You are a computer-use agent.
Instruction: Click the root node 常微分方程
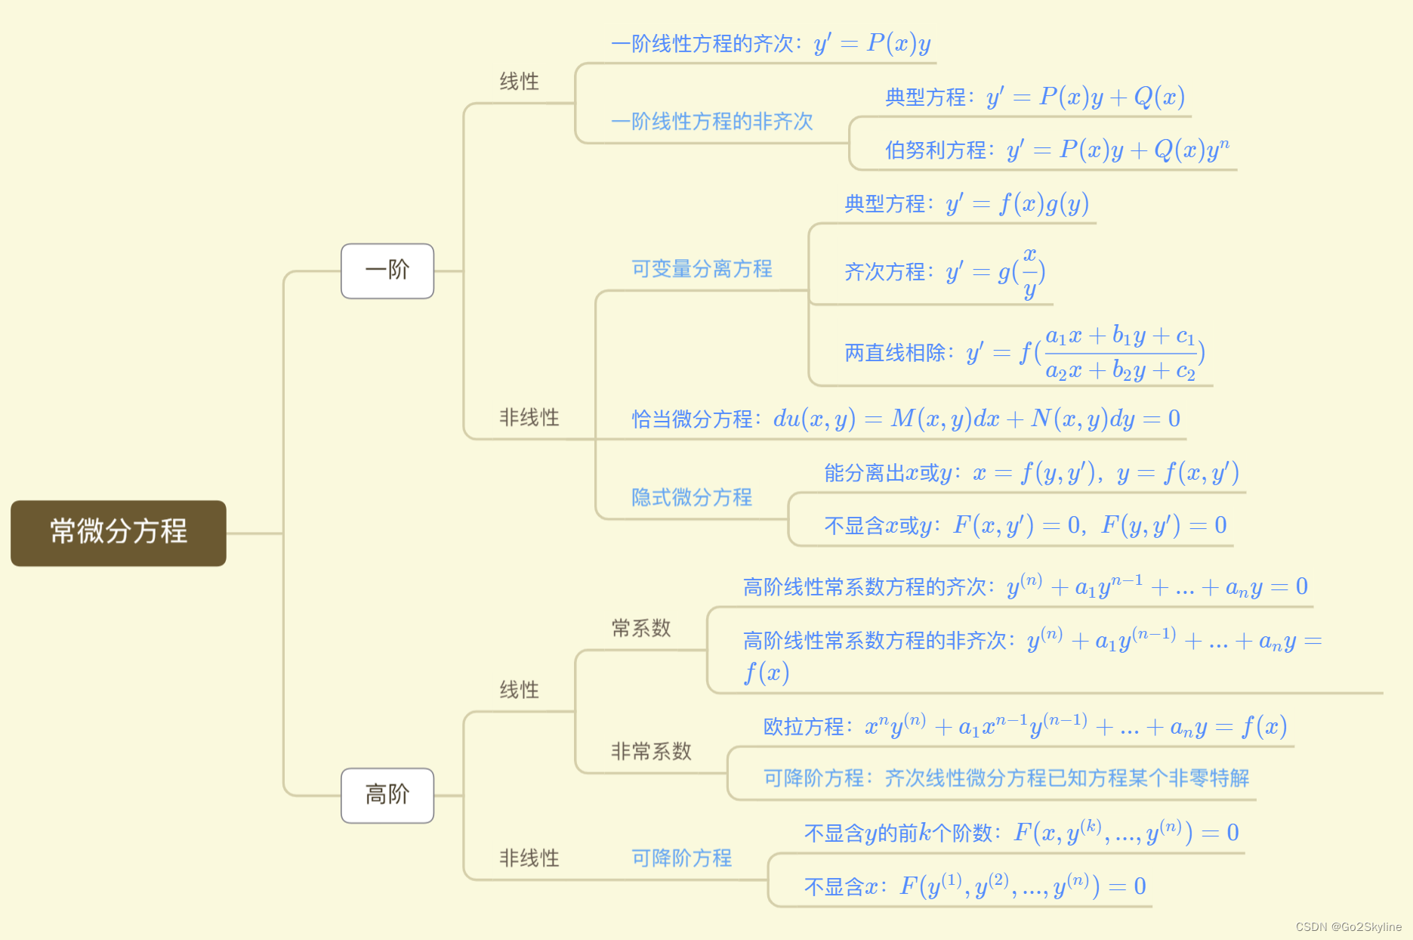pos(119,532)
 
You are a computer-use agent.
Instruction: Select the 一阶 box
pos(387,271)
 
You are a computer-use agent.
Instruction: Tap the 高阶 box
pos(387,795)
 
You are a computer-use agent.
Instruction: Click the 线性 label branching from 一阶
pos(520,82)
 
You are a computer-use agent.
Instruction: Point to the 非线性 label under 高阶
pos(529,858)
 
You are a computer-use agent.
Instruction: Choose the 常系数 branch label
pos(641,628)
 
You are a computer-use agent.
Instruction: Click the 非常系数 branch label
pos(651,751)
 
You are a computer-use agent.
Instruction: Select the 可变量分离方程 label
pos(702,269)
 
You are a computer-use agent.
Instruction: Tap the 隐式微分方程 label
pos(692,497)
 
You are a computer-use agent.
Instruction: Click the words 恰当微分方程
pos(692,419)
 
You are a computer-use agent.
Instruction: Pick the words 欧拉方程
pos(804,727)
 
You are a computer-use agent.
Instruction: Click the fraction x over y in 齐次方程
pos(1029,272)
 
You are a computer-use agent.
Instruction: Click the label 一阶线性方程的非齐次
pos(712,122)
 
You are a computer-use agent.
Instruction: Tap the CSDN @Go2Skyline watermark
pos(1348,926)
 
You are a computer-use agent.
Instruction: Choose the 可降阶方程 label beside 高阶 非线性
pos(682,858)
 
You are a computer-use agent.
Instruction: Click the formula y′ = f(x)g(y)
pos(1017,204)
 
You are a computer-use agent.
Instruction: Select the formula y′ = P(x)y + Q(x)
pos(1085,97)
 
